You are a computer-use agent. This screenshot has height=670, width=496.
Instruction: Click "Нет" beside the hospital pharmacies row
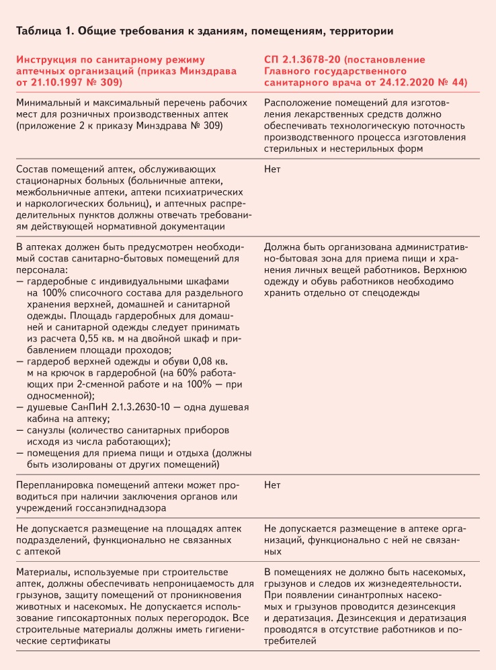[273, 169]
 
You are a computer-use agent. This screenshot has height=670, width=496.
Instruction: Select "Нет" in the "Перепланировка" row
[273, 485]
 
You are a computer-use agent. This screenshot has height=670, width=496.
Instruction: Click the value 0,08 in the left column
[199, 362]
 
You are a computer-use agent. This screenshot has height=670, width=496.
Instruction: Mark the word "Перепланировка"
[56, 485]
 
